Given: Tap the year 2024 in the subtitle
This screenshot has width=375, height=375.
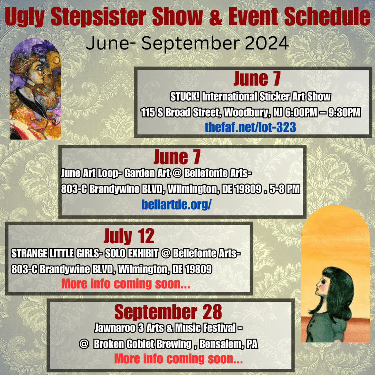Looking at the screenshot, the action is pyautogui.click(x=266, y=43).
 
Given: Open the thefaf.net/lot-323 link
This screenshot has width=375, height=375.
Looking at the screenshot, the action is pyautogui.click(x=250, y=127).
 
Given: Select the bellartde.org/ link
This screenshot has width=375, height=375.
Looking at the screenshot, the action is pyautogui.click(x=177, y=204).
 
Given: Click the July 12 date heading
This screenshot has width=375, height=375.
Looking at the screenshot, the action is pyautogui.click(x=129, y=236).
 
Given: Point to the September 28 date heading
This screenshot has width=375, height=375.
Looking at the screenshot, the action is pyautogui.click(x=168, y=312).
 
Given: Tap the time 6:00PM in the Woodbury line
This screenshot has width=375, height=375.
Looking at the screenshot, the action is pyautogui.click(x=300, y=112).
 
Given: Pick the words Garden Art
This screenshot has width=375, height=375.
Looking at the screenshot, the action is pyautogui.click(x=147, y=173).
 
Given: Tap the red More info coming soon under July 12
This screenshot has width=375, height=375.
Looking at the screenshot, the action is pyautogui.click(x=126, y=284).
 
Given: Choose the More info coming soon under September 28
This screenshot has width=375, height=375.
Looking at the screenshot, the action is pyautogui.click(x=178, y=359).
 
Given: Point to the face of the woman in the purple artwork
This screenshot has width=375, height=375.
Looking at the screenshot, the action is pyautogui.click(x=40, y=71).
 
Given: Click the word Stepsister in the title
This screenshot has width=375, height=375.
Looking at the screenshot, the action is pyautogui.click(x=98, y=17).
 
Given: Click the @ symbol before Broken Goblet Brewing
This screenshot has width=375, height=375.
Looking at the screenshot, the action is pyautogui.click(x=84, y=344).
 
